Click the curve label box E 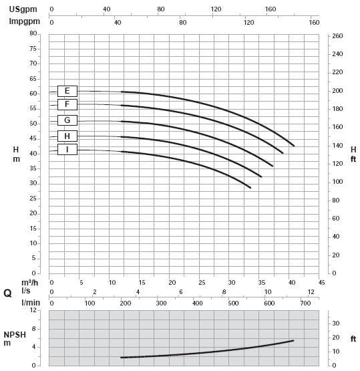coord(67,91)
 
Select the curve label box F coord(67,104)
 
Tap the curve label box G coord(67,120)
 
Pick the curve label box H coord(67,136)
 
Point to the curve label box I coord(67,149)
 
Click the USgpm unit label coord(23,9)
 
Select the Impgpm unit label coord(24,21)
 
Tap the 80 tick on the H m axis coord(33,33)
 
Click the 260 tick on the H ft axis coord(337,35)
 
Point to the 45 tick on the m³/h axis coord(321,283)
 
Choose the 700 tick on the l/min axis coord(305,303)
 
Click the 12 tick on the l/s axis coord(311,292)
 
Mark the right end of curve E coord(294,146)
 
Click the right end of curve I coord(250,188)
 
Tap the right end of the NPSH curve coord(294,340)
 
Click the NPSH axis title coord(15,339)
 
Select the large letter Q coord(7,293)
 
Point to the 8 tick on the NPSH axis coord(34,329)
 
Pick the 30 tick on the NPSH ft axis coord(336,324)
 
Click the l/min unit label coord(31,303)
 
